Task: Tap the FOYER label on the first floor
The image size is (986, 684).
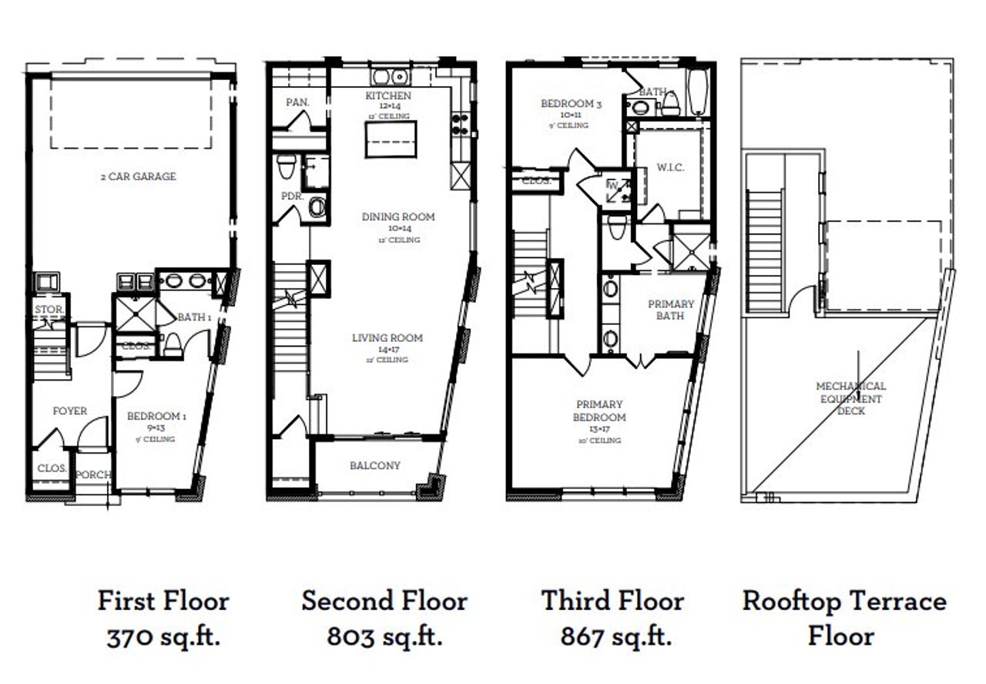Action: tap(69, 411)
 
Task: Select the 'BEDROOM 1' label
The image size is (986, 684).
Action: tap(156, 416)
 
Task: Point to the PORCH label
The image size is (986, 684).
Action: tap(93, 475)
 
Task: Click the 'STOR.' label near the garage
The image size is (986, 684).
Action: tap(49, 310)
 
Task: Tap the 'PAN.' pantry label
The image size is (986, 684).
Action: tap(297, 102)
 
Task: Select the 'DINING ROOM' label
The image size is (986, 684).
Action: tap(398, 217)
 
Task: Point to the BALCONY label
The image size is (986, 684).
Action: tap(374, 466)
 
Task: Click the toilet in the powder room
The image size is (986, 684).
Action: tap(287, 166)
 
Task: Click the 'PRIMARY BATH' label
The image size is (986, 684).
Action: tap(670, 310)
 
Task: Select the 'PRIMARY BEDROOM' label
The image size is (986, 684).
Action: tap(601, 411)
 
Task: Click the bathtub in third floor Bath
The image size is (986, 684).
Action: tap(698, 92)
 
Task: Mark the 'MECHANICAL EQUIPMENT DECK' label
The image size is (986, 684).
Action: tap(851, 398)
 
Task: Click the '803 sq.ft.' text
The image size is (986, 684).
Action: tap(384, 637)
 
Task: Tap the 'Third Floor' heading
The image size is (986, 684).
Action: tap(612, 601)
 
